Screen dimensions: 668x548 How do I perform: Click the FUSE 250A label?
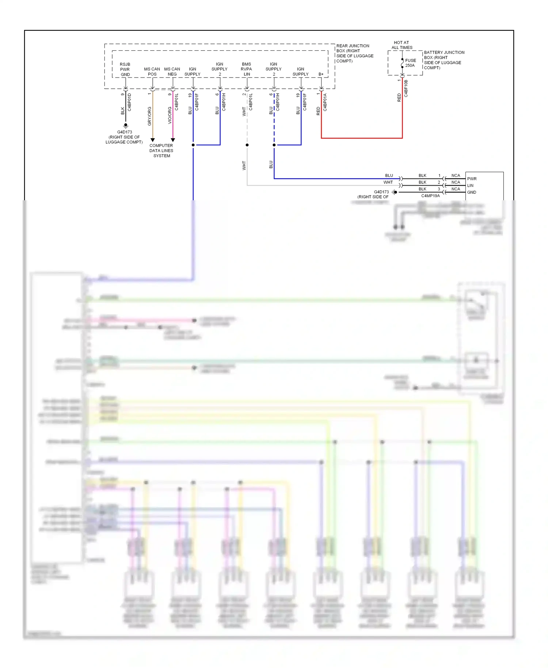point(410,63)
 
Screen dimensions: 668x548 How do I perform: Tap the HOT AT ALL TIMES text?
point(402,45)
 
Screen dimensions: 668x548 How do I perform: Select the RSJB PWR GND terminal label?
point(125,69)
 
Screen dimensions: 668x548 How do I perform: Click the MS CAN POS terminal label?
point(152,71)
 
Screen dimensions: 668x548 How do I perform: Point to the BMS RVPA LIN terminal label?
point(247,69)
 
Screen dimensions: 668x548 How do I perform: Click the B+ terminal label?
point(321,74)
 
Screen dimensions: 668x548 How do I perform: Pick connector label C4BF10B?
point(406,88)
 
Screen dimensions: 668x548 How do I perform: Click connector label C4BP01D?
point(129,102)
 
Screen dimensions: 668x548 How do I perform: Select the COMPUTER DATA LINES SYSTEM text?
point(161,151)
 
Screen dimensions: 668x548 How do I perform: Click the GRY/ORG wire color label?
point(149,116)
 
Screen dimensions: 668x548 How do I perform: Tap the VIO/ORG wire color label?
point(170,115)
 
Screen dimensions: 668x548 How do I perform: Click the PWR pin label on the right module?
point(472,179)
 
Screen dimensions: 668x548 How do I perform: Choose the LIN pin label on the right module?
point(470,186)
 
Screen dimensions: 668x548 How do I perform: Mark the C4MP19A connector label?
point(430,196)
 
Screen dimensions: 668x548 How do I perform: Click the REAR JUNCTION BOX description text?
point(354,53)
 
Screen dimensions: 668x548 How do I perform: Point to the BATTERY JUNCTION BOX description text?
point(444,60)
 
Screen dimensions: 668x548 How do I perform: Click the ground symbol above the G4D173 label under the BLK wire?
point(126,125)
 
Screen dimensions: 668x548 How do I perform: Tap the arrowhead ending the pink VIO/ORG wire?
point(173,140)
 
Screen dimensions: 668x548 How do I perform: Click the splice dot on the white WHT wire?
point(247,145)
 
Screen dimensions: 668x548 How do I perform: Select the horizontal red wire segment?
point(362,138)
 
